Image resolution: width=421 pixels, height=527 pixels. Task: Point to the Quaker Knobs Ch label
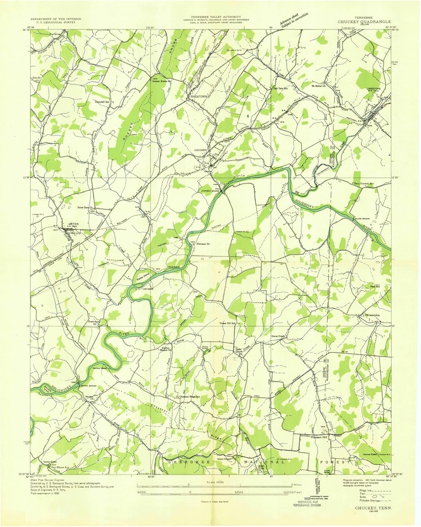tap(161, 80)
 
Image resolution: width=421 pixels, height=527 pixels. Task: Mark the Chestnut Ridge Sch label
tap(190, 397)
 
